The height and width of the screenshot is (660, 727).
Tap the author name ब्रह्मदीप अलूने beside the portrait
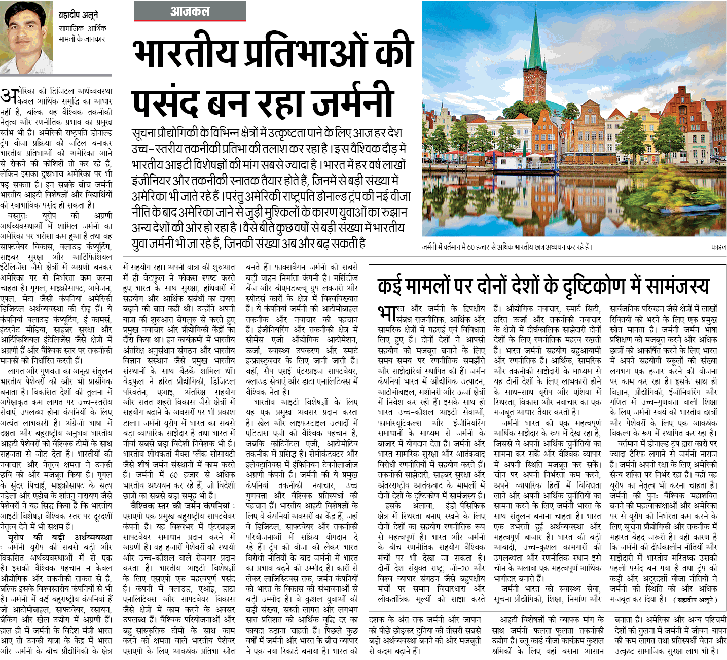[78, 15]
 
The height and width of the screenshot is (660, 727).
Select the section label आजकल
[190, 11]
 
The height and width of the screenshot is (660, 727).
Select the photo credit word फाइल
[718, 247]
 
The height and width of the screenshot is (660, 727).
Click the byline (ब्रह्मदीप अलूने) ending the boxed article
[695, 600]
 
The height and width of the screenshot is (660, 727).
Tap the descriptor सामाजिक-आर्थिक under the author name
[82, 28]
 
